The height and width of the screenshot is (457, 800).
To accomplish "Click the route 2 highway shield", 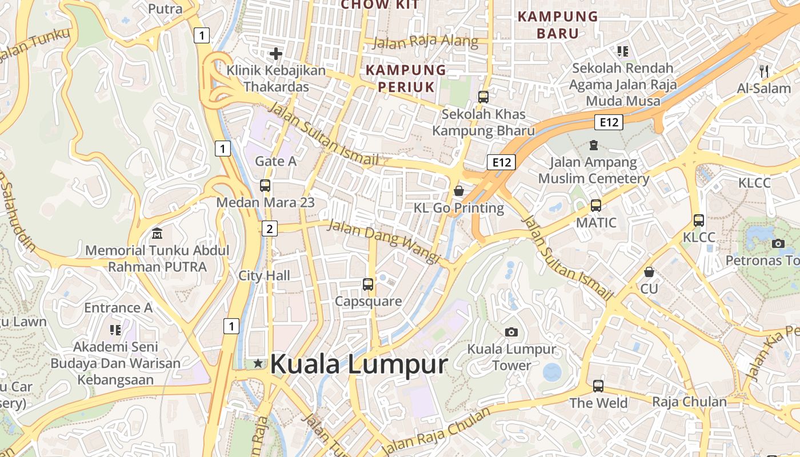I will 269,229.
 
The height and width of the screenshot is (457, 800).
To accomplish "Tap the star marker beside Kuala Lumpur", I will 258,363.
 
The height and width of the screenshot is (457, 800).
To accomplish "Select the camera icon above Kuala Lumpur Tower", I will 511,332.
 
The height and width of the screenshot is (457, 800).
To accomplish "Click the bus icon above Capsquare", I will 368,284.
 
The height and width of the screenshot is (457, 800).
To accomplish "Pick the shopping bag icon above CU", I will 649,271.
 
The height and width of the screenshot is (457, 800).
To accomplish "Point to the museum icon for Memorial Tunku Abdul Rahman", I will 157,233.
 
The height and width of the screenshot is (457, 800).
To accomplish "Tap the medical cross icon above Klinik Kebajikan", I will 276,54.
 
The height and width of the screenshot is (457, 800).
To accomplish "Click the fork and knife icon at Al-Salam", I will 764,71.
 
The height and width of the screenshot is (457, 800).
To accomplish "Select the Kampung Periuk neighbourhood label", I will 406,78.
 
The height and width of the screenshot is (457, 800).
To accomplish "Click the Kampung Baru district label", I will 558,25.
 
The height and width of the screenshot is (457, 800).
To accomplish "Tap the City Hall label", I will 264,276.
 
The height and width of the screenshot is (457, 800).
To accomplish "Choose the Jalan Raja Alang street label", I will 425,42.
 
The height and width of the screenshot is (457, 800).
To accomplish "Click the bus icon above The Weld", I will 598,386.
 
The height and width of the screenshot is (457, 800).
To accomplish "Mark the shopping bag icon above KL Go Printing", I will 458,190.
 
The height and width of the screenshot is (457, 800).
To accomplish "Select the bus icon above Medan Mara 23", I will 265,186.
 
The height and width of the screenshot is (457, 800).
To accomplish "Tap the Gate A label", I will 275,161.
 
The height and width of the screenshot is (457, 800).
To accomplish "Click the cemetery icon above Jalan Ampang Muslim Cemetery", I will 593,145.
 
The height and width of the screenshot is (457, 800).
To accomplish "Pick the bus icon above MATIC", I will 596,205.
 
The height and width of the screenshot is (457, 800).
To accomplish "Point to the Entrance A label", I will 118,308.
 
